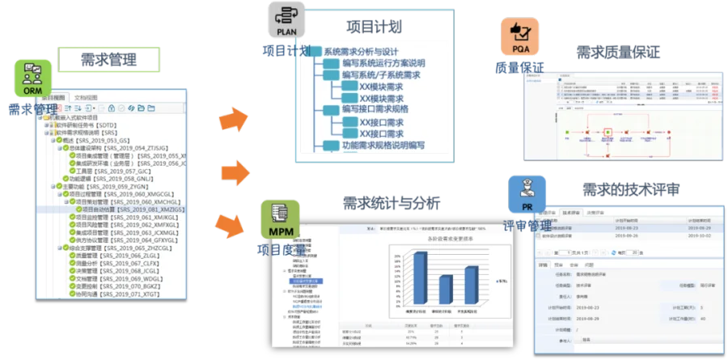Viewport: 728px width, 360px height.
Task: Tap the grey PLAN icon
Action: pos(285,20)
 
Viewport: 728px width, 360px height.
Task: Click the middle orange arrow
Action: pos(235,172)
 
